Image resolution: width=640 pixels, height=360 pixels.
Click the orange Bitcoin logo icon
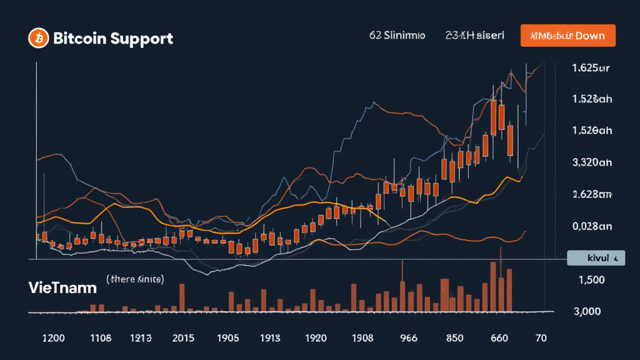(x=38, y=39)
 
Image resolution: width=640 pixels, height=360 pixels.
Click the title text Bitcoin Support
(x=113, y=39)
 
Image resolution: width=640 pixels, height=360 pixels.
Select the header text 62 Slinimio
(x=397, y=36)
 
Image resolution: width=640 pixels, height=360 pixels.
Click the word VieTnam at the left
(x=62, y=288)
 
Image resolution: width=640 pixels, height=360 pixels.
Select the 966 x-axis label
(x=408, y=338)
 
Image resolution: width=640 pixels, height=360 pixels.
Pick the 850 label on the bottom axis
(x=454, y=338)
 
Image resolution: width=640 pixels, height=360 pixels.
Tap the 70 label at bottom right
(x=541, y=338)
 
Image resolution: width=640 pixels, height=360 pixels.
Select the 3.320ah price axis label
(x=592, y=162)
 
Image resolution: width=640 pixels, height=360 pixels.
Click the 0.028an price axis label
(x=592, y=226)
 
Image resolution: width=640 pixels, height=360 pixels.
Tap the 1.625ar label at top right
(x=591, y=68)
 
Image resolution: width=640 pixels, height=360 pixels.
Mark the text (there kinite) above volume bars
(x=135, y=279)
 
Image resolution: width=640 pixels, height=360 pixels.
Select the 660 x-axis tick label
(x=499, y=338)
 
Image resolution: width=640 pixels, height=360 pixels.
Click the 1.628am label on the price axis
(x=592, y=194)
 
